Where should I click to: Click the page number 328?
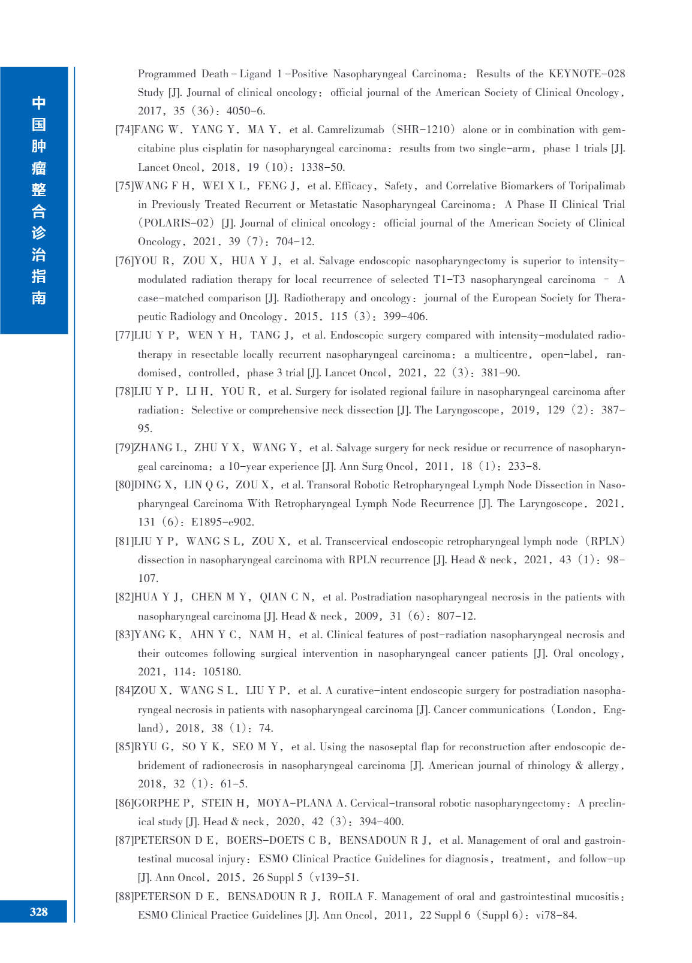(x=38, y=911)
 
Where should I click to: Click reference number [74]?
(x=125, y=129)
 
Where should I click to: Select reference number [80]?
(x=125, y=485)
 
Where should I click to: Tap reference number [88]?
(x=125, y=896)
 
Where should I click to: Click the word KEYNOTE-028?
(x=586, y=74)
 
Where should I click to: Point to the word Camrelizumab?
(x=351, y=129)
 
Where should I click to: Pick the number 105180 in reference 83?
(x=222, y=672)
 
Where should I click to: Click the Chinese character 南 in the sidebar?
(x=38, y=298)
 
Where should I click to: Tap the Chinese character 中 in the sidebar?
(x=38, y=102)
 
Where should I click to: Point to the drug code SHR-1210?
(x=425, y=129)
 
